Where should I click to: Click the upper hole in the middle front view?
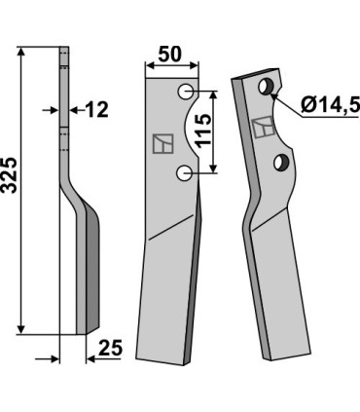point(185,93)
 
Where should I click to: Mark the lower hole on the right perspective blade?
point(280,162)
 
